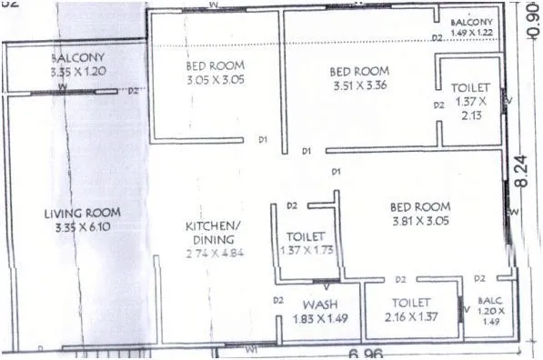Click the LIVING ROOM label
(x=82, y=213)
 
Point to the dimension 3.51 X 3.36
(x=360, y=86)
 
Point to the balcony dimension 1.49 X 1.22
(x=471, y=32)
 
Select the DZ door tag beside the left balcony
(x=134, y=90)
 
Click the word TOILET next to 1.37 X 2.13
(x=470, y=87)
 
